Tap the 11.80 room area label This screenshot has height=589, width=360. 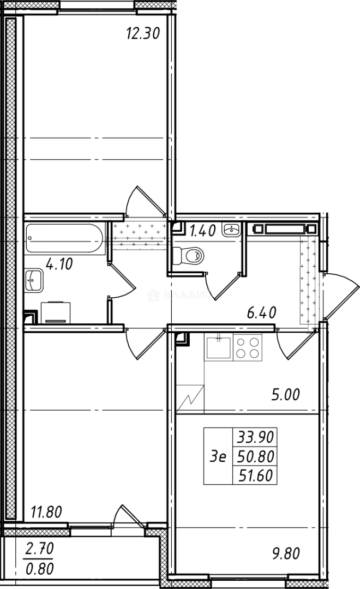click(x=46, y=512)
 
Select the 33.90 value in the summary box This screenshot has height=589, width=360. click(x=255, y=437)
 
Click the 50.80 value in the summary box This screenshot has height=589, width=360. click(x=255, y=456)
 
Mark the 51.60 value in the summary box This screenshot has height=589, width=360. click(x=255, y=475)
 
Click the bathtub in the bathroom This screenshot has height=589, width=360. click(x=64, y=238)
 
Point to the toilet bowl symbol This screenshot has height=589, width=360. click(x=187, y=254)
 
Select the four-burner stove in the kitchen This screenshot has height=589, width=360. click(x=248, y=347)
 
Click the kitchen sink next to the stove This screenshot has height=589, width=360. click(x=218, y=347)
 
